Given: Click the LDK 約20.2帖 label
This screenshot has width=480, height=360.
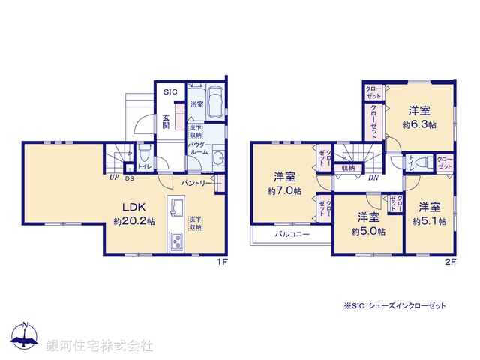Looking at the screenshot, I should (134, 214).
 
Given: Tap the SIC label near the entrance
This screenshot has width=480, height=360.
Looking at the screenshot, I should (169, 92).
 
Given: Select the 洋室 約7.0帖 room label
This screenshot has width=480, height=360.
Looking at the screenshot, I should (283, 184).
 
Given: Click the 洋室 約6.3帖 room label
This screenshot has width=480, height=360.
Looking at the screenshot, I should (419, 117).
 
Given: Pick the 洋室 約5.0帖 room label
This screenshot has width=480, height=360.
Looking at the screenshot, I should (367, 224).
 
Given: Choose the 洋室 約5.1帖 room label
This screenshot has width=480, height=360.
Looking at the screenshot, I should (430, 214).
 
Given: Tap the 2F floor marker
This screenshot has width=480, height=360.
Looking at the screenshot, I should (449, 262).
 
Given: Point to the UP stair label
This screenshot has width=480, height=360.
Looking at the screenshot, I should (113, 178).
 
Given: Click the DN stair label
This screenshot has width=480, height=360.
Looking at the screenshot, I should (373, 178).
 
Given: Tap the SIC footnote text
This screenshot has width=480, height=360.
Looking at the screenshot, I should (394, 306).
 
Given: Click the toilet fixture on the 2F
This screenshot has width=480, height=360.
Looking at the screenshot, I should (421, 161).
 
